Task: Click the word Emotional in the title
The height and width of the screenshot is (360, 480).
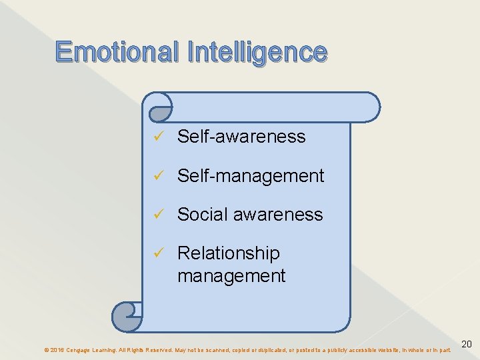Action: tap(118, 52)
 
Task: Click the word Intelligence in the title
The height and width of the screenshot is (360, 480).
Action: tap(257, 52)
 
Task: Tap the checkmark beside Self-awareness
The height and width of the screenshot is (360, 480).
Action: tap(157, 137)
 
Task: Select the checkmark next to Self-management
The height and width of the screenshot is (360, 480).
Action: tap(157, 176)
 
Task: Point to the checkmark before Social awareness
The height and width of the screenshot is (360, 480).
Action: tap(157, 215)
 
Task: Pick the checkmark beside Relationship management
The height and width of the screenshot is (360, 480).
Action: tap(157, 253)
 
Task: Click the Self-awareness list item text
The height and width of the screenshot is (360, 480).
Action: tap(241, 137)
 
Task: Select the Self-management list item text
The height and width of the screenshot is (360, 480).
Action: tap(251, 176)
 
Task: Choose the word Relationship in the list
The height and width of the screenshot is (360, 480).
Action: tap(229, 253)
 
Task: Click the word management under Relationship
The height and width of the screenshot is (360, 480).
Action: tap(231, 275)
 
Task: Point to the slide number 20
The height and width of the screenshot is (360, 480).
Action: tap(467, 344)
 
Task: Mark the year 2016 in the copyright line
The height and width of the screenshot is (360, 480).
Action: tap(57, 349)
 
